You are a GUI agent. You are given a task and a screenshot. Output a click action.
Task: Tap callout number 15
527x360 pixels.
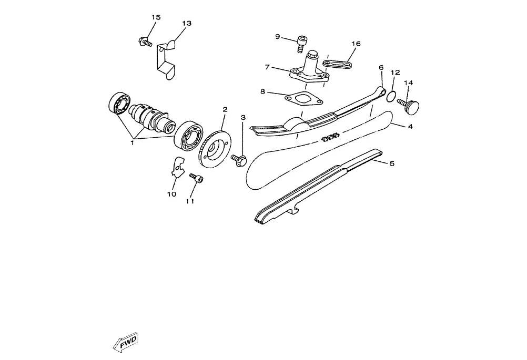pyautogui.click(x=156, y=17)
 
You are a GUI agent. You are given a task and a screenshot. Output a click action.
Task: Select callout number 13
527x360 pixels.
pyautogui.click(x=187, y=24)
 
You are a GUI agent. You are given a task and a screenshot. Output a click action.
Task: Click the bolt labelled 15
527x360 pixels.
pyautogui.click(x=144, y=40)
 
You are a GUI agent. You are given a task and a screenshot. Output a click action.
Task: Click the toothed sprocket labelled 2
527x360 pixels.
pyautogui.click(x=216, y=147)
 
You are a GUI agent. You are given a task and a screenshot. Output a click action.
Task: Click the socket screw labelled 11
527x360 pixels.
pyautogui.click(x=197, y=179)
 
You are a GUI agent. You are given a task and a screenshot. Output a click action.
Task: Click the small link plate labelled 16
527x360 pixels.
pyautogui.click(x=337, y=64)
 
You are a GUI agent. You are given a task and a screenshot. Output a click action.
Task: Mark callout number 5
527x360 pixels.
pyautogui.click(x=392, y=163)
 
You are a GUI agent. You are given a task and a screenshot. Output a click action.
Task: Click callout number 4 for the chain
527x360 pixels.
pyautogui.click(x=410, y=127)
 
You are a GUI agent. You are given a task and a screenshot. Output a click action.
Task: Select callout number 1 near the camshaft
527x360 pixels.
pyautogui.click(x=133, y=142)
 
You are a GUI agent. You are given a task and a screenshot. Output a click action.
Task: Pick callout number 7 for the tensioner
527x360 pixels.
pyautogui.click(x=267, y=67)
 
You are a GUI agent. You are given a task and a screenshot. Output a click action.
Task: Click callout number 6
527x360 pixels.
pyautogui.click(x=381, y=67)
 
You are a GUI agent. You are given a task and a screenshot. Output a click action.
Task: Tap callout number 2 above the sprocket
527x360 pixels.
pyautogui.click(x=225, y=109)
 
